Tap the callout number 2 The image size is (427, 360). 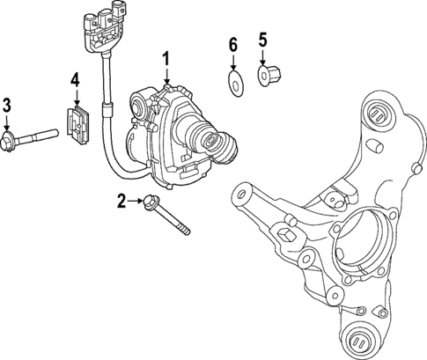[x=122, y=202]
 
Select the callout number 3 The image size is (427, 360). [x=7, y=107]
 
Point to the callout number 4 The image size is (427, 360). [x=75, y=80]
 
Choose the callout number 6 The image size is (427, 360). [x=233, y=43]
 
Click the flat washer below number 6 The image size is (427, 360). [x=233, y=82]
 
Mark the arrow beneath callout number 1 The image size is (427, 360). [x=166, y=77]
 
